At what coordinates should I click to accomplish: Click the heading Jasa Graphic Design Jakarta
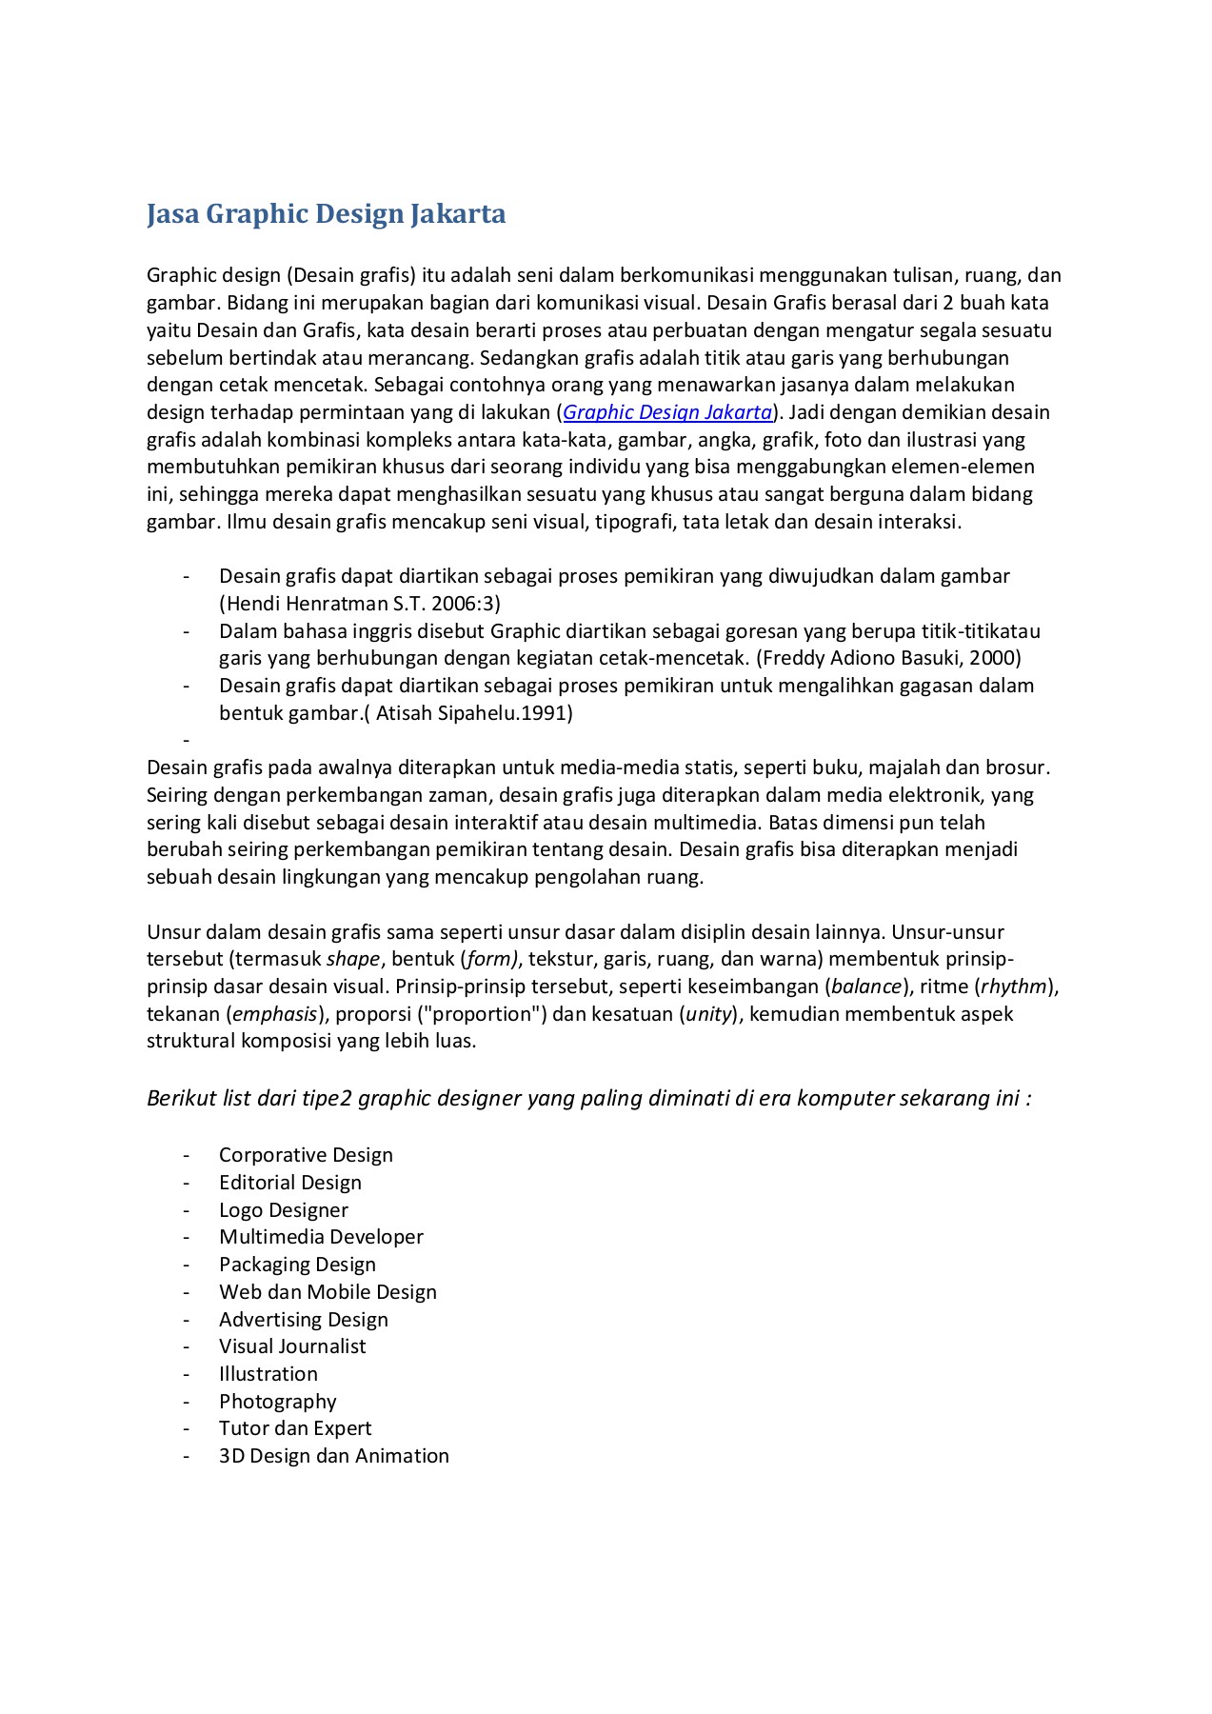tap(326, 213)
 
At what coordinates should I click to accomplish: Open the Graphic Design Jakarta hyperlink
tap(667, 412)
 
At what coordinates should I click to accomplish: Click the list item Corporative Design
tap(306, 1155)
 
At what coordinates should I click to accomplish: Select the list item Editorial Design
tap(290, 1183)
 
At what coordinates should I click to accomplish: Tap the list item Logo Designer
tap(284, 1210)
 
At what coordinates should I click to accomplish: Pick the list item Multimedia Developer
tap(321, 1237)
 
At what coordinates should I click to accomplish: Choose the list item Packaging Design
tap(297, 1265)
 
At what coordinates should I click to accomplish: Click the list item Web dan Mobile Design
tap(328, 1292)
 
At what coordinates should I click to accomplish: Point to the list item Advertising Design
tap(304, 1320)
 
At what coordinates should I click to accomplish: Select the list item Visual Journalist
tap(292, 1346)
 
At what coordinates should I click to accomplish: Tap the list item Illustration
tap(268, 1374)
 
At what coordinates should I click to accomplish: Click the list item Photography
tap(278, 1402)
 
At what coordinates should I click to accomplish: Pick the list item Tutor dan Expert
tap(295, 1428)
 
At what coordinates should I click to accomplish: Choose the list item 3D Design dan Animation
tap(334, 1456)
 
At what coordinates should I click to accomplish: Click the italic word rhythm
tap(1014, 987)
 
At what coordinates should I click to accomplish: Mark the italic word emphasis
tap(274, 1014)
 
